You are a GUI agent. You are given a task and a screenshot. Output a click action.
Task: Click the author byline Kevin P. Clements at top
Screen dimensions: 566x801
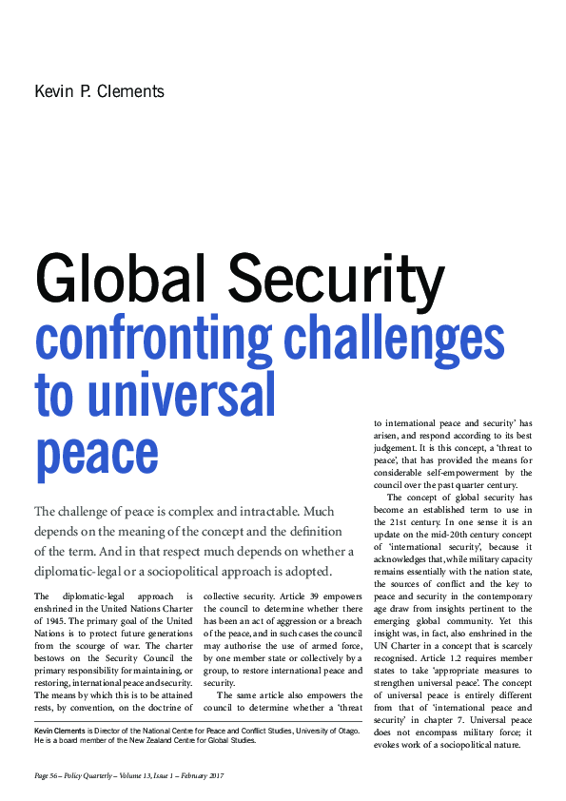(x=99, y=91)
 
